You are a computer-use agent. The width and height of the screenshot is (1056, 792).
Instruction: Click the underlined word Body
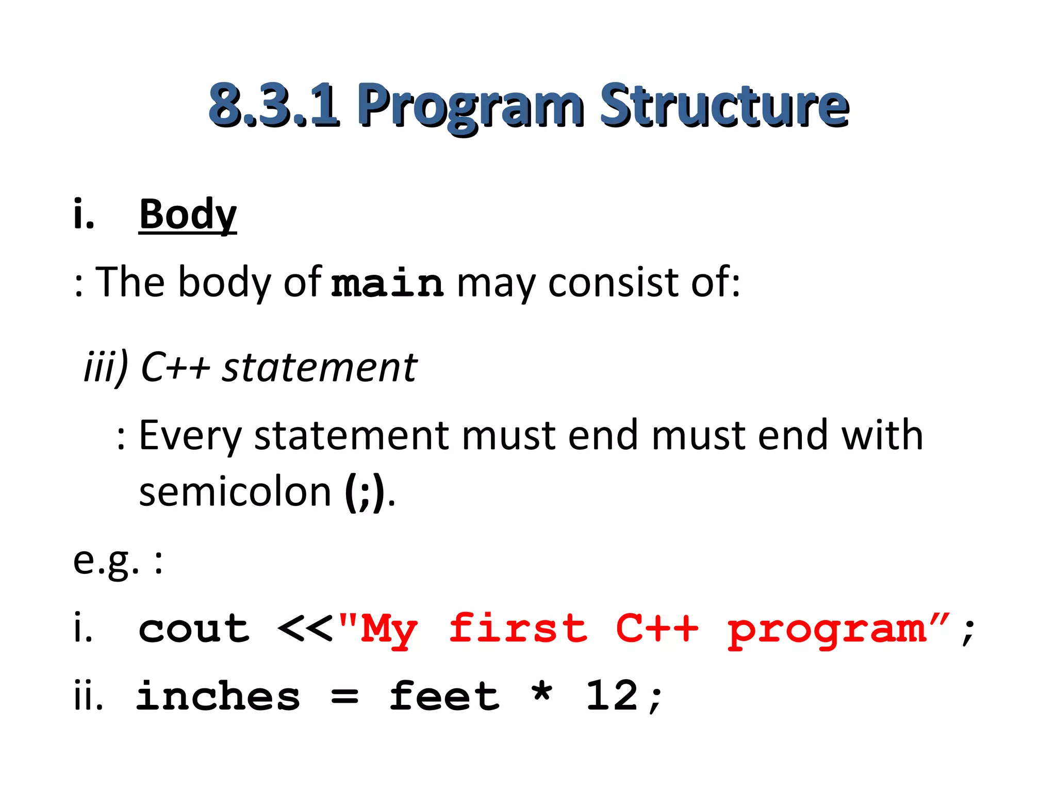point(188,214)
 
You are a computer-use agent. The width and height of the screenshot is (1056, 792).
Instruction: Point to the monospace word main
point(387,283)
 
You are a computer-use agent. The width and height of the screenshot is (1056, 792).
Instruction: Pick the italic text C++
point(175,367)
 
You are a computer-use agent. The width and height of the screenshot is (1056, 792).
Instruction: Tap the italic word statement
point(320,367)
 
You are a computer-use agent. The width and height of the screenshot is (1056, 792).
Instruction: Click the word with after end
point(882,435)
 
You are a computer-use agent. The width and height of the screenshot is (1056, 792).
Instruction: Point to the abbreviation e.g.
point(106,560)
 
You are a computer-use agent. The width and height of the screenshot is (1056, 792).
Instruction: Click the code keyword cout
point(194,629)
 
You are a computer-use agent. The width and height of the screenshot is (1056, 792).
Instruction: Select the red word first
point(518,629)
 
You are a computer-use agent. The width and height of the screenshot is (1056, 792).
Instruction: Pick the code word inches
point(218,696)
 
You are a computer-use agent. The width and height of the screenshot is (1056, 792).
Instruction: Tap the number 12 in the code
point(613,696)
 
